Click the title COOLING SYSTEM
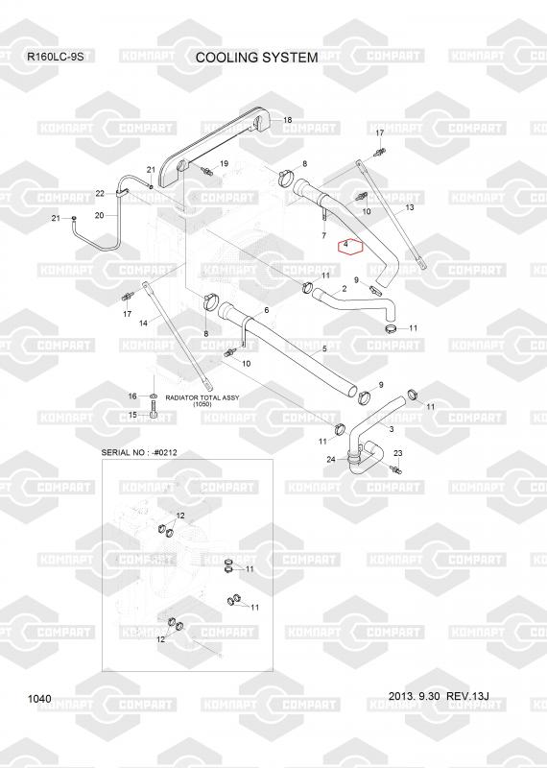tap(256, 58)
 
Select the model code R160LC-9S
tap(56, 57)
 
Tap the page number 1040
tap(39, 699)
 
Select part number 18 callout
tap(288, 120)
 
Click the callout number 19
tap(224, 163)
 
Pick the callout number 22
tap(100, 194)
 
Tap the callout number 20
tap(99, 215)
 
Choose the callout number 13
tap(410, 207)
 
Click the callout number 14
tap(143, 324)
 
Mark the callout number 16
tap(132, 396)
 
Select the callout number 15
tap(132, 415)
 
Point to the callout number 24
tap(331, 460)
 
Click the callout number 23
tap(398, 453)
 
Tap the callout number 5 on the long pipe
tap(324, 348)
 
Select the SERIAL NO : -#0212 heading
tap(139, 452)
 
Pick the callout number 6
tap(267, 310)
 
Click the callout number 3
tap(392, 429)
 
